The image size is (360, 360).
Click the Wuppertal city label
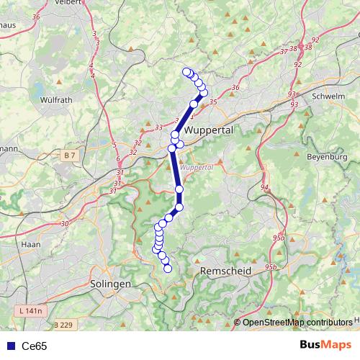pos(209,131)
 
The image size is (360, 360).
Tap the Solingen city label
pos(112,284)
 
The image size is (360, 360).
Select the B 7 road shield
pos(69,155)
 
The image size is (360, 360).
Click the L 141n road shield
pos(30,310)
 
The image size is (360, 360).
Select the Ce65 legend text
pos(34,346)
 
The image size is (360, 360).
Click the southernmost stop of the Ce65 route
pos(168,269)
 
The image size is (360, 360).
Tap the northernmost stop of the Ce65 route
pos(186,71)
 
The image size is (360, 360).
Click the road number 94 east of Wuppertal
pos(264,187)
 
